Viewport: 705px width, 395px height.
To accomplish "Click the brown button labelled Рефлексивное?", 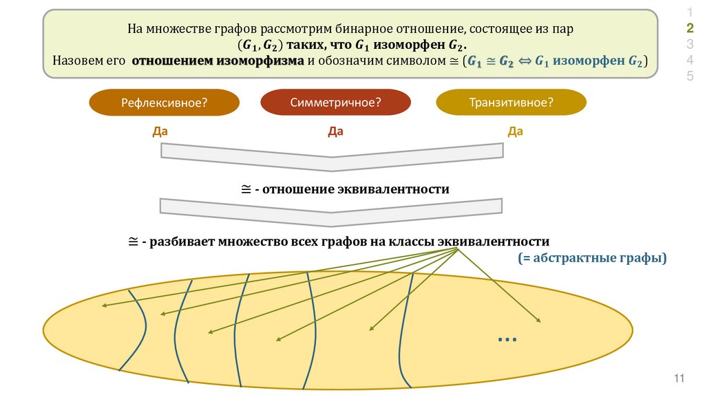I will (x=165, y=103).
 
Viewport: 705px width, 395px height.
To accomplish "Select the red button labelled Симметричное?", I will (x=335, y=103).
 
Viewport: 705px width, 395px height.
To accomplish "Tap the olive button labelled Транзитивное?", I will (x=512, y=103).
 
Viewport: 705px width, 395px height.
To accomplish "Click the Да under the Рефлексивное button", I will (x=160, y=131).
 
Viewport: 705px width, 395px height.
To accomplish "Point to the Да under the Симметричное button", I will (x=335, y=131).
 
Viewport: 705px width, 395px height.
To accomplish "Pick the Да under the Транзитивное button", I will (x=515, y=131).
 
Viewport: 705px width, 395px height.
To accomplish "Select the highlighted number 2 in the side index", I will (x=690, y=28).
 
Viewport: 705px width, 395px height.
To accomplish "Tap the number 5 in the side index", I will (x=690, y=76).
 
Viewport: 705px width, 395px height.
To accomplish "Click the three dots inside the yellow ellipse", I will (x=506, y=339).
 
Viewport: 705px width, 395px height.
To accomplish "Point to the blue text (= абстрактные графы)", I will (x=593, y=259).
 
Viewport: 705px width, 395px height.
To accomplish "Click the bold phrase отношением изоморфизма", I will (x=218, y=61).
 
